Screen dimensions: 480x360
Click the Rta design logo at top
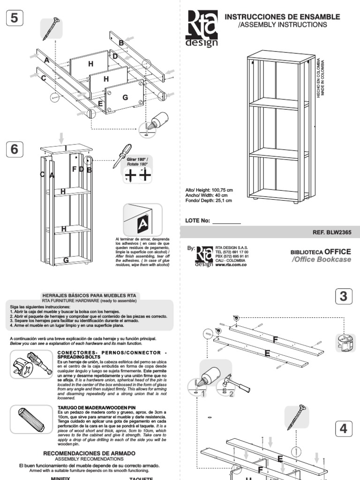pos(202,30)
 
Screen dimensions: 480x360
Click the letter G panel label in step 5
pos(125,97)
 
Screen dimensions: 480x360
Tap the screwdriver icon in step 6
pos(120,156)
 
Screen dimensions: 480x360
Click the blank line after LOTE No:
pos(226,220)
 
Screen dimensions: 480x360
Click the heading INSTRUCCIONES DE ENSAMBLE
pos(283,17)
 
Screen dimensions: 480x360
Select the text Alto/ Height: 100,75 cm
pos(209,190)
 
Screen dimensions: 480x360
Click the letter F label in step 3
pos(276,339)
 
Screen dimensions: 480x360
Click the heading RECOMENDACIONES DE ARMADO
pos(89,453)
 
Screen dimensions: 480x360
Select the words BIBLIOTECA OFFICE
pos(321,252)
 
